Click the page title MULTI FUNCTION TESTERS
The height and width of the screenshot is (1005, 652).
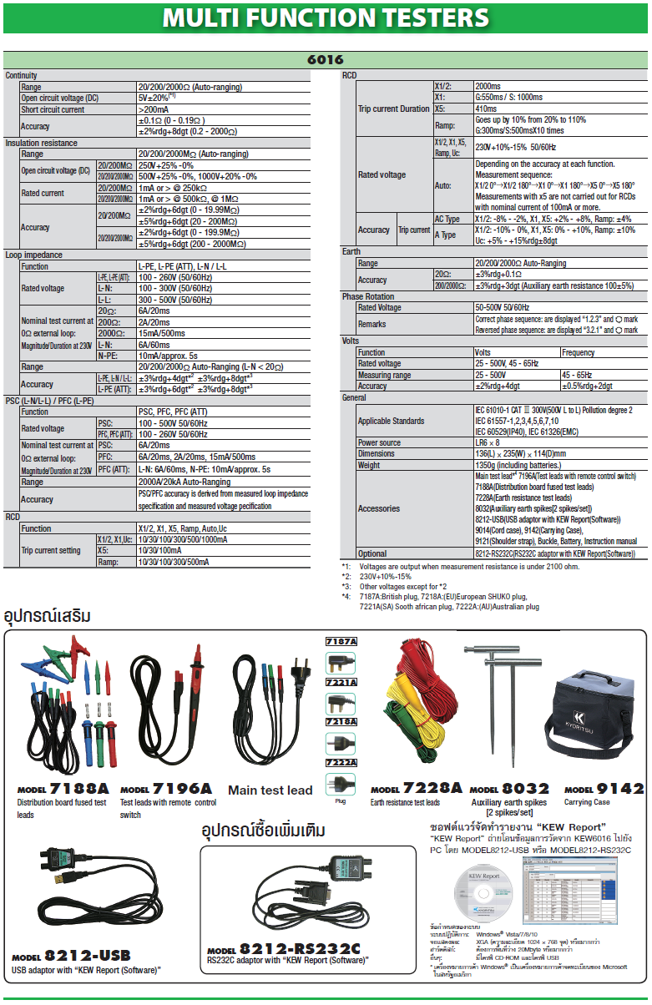click(x=326, y=18)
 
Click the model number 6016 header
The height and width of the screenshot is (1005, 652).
click(x=326, y=60)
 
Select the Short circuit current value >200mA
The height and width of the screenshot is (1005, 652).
click(x=154, y=109)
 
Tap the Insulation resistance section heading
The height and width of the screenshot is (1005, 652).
click(x=41, y=143)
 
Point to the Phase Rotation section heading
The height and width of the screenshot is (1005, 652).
click(x=370, y=296)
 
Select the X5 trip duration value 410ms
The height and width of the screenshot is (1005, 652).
click(x=486, y=109)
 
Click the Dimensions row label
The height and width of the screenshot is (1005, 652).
click(x=377, y=454)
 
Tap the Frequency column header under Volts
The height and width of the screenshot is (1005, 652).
click(x=579, y=352)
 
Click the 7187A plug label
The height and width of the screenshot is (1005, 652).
click(x=341, y=641)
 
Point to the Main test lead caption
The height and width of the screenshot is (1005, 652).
click(x=270, y=790)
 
